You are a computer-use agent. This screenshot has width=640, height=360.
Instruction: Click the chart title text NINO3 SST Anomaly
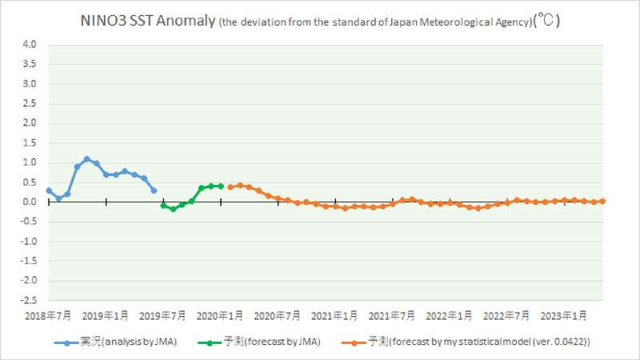click(148, 22)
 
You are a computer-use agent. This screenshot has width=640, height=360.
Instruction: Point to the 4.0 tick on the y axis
click(30, 45)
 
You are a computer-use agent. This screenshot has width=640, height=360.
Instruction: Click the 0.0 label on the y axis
click(30, 202)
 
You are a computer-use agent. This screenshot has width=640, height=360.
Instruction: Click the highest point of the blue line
click(87, 158)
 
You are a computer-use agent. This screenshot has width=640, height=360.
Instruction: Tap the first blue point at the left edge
click(49, 190)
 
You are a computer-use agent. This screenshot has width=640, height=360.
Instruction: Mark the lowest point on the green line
click(173, 209)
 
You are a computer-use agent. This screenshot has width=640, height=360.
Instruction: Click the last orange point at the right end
click(602, 201)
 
